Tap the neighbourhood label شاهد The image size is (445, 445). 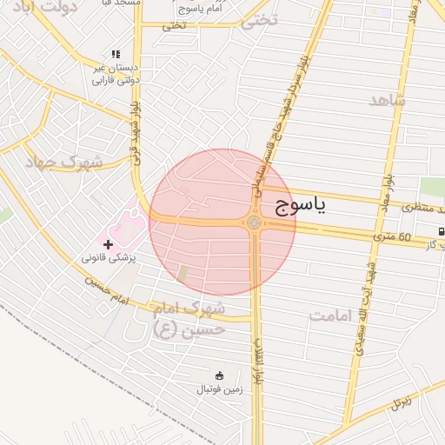tap(388, 100)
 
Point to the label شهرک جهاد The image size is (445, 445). tap(63, 162)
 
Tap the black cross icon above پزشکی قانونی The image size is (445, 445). tap(108, 244)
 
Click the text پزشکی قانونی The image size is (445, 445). tap(110, 259)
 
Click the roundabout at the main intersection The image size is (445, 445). tap(254, 223)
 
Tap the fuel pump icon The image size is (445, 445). tap(441, 230)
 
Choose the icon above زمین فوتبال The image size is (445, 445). tap(217, 375)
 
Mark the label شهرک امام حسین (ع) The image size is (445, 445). tap(189, 318)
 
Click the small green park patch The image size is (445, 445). tap(431, 187)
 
